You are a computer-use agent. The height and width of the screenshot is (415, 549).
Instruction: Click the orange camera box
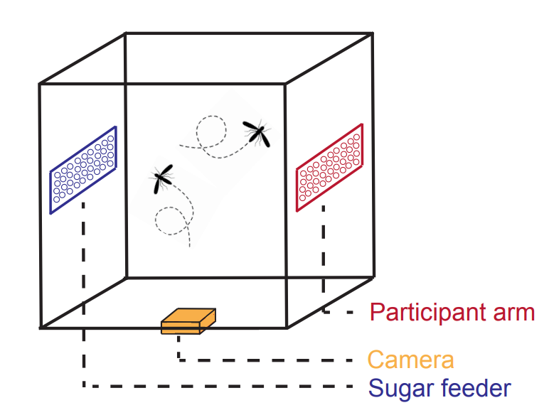point(188,320)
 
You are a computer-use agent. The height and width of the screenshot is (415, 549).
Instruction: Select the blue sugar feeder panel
point(83,170)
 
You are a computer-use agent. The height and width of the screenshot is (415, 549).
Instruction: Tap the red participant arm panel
point(330,167)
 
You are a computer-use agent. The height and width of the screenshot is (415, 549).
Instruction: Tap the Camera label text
point(410,359)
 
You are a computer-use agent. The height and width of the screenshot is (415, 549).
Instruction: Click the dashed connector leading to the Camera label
point(263,360)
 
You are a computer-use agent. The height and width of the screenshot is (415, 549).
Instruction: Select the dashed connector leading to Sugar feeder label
point(213,387)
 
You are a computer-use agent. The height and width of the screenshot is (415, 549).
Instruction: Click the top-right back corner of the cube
point(371,33)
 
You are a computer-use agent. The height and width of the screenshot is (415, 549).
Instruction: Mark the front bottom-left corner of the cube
point(41,328)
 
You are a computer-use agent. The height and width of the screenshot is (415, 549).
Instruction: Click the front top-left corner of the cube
point(40,85)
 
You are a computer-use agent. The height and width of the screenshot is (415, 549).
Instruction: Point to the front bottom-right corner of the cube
point(287,327)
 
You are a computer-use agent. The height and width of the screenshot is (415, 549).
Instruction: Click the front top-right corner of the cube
point(286,84)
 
